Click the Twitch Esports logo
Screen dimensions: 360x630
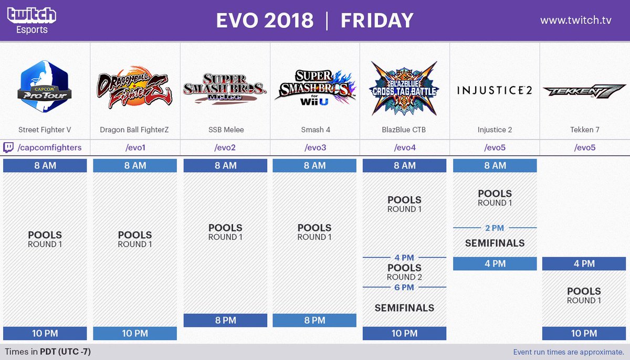tap(31, 20)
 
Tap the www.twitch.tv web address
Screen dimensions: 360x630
tap(576, 20)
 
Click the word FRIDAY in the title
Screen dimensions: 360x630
tap(377, 20)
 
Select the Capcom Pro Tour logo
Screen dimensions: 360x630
tap(45, 88)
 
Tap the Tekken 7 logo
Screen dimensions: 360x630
tap(584, 91)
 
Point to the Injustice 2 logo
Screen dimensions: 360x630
tap(495, 90)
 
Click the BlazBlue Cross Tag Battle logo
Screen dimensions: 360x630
tap(404, 88)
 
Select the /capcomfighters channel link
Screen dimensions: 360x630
tap(49, 147)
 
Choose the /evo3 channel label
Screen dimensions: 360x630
tap(315, 147)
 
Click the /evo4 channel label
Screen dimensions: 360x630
tap(405, 147)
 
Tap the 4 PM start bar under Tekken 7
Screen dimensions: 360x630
tap(584, 263)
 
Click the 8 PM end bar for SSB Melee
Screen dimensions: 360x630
tap(225, 320)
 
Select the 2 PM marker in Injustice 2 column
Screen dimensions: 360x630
tap(495, 228)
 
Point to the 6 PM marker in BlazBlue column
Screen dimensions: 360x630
tap(404, 287)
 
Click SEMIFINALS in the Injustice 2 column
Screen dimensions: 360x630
tap(495, 243)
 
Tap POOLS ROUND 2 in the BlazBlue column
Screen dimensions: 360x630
tap(404, 272)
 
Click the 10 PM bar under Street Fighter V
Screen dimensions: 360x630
tap(45, 333)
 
